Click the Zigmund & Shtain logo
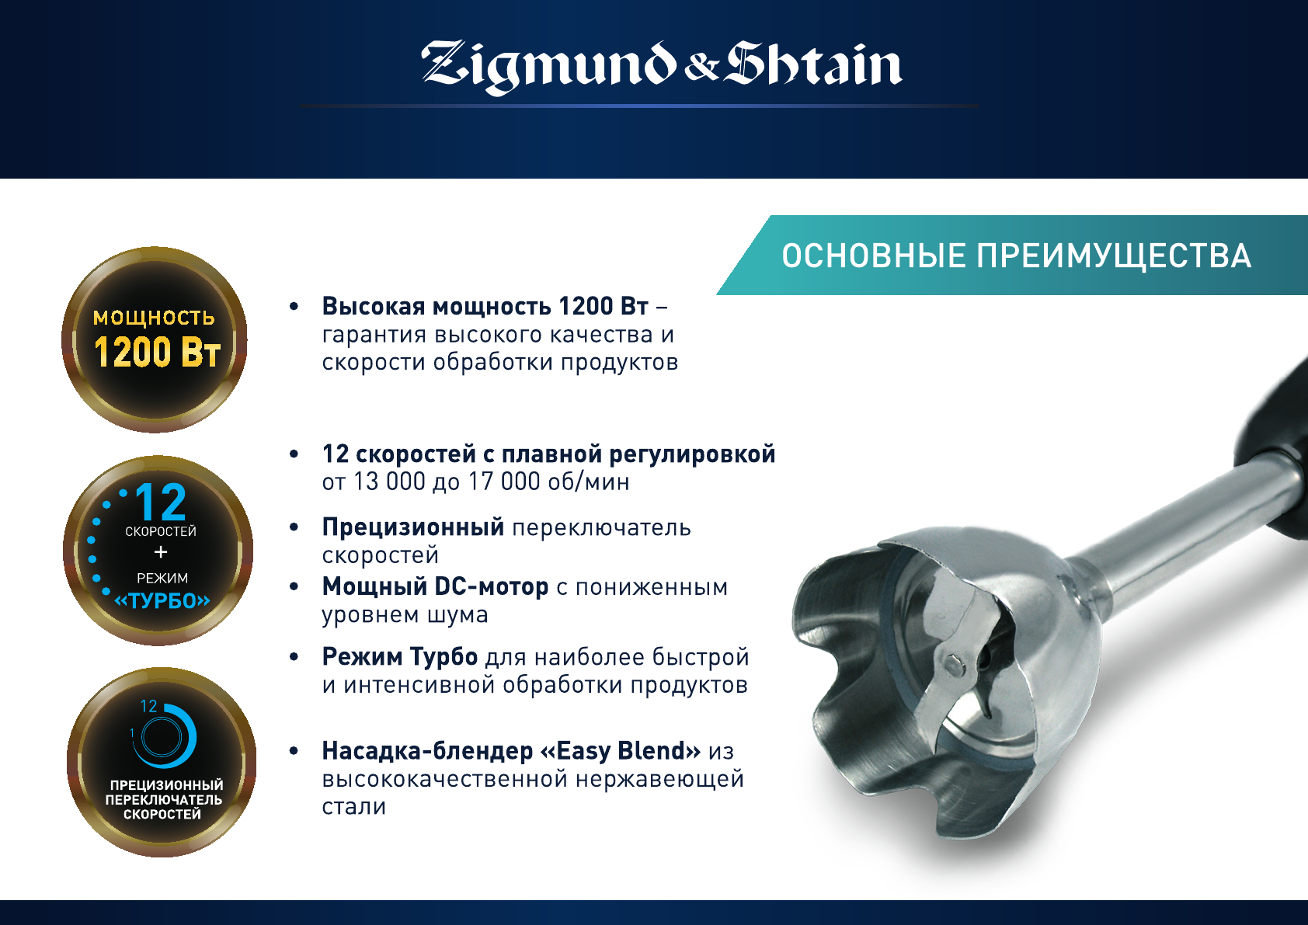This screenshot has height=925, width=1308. click(x=661, y=67)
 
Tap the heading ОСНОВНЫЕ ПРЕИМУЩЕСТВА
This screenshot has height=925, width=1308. click(x=1016, y=256)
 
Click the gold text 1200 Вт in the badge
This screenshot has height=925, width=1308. click(x=157, y=352)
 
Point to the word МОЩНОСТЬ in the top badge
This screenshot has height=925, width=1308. click(x=154, y=318)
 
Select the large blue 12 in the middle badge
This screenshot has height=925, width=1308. click(x=161, y=502)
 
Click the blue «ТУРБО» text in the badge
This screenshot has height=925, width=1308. click(x=162, y=600)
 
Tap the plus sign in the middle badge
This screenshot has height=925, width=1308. click(x=161, y=552)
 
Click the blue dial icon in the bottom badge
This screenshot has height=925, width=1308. click(x=163, y=735)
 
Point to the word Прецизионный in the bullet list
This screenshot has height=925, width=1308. click(x=413, y=527)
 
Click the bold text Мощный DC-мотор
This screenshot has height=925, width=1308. click(x=435, y=586)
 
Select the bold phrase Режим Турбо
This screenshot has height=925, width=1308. click(x=400, y=657)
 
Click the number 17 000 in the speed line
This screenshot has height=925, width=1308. click(x=504, y=482)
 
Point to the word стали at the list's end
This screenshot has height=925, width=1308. click(x=354, y=807)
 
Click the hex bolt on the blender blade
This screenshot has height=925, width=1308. click(x=953, y=662)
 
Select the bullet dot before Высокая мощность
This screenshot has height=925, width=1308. click(x=294, y=306)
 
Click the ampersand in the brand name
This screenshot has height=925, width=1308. click(x=701, y=69)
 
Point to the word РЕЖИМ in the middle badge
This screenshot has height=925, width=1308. click(x=162, y=578)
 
